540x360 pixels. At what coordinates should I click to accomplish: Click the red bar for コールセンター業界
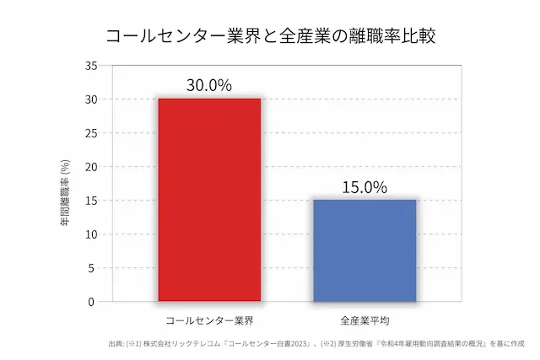[x=209, y=200]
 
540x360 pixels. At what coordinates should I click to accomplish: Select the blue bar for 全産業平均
[x=364, y=250]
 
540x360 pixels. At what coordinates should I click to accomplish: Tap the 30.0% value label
[x=209, y=85]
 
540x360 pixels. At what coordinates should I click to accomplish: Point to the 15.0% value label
[x=364, y=187]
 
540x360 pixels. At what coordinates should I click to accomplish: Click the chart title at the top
[x=270, y=36]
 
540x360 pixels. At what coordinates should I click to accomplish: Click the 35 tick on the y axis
[x=92, y=66]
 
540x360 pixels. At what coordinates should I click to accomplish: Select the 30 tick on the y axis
[x=92, y=99]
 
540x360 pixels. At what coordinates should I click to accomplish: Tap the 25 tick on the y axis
[x=92, y=133]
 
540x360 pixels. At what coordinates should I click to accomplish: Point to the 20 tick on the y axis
[x=92, y=167]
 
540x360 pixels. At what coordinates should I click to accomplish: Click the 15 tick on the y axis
[x=92, y=201]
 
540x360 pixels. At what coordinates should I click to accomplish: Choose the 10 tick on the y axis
[x=92, y=234]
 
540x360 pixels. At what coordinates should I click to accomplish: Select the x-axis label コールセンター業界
[x=209, y=321]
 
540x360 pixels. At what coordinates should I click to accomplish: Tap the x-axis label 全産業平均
[x=364, y=321]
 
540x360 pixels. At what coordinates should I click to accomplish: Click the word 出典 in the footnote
[x=116, y=344]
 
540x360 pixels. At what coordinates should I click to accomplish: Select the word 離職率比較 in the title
[x=387, y=36]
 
